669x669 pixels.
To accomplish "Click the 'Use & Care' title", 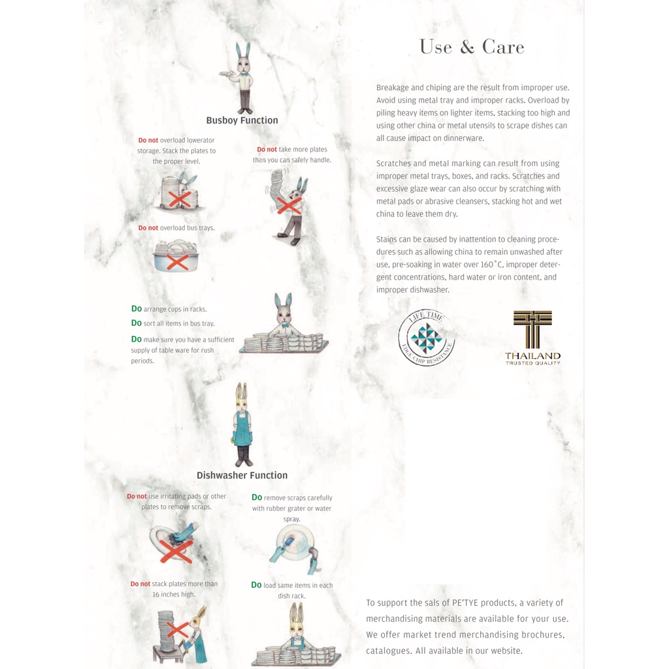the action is tap(472, 47).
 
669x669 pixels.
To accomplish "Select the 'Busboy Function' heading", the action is tap(242, 120).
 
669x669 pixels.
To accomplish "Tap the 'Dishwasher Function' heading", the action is tap(242, 476).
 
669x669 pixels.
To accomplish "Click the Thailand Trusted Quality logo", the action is tap(532, 338).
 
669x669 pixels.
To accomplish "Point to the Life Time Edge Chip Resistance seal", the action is tap(427, 337).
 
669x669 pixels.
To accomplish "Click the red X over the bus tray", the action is tap(178, 262).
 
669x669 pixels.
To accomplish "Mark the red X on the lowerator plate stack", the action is tap(179, 199).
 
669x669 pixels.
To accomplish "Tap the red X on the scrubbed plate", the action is tap(176, 551).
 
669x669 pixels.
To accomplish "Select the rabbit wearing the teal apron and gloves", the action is tap(242, 425).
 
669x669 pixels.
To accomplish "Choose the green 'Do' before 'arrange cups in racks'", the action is tap(136, 308).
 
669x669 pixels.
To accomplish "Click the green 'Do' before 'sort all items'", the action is tap(136, 323).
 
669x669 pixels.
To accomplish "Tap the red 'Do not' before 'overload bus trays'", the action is tap(148, 228).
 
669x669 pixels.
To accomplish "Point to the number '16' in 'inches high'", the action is tap(156, 595).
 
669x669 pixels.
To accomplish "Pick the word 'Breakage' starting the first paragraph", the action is tap(392, 88).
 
